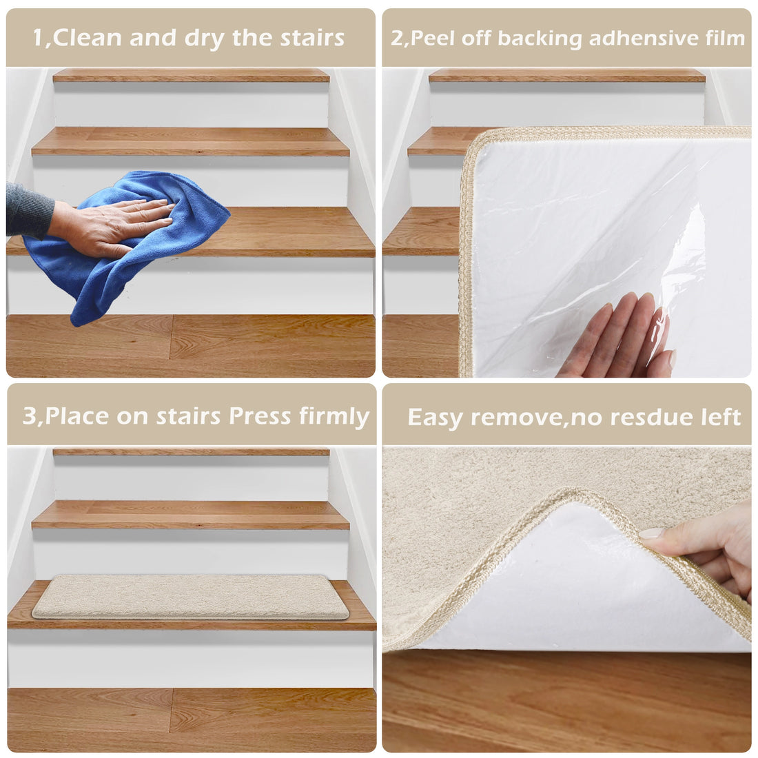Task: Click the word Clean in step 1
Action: click(87, 38)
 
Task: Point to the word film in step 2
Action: click(725, 38)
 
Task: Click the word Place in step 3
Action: click(76, 416)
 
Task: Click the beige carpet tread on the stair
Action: click(190, 597)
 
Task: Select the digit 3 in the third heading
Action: click(30, 416)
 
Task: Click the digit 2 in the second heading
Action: click(398, 38)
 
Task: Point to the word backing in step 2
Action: click(540, 39)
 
